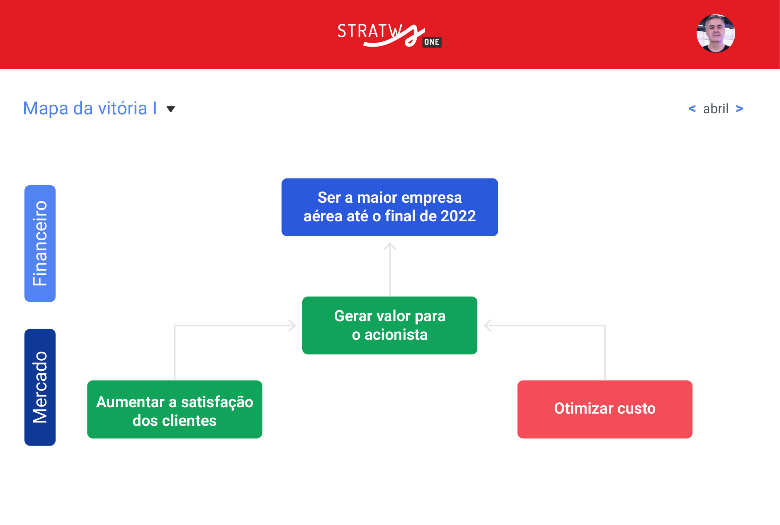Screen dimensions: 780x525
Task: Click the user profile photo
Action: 716,34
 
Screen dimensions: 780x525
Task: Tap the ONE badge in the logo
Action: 432,42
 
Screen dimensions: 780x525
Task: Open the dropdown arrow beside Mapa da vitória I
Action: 171,109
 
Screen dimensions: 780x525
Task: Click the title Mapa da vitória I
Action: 90,108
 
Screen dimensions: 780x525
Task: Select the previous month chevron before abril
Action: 692,108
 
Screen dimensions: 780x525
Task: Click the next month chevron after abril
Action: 739,108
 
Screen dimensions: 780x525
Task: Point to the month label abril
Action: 716,109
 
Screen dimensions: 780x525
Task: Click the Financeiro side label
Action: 40,243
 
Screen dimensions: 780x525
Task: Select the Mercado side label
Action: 40,387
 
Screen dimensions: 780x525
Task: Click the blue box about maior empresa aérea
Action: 389,207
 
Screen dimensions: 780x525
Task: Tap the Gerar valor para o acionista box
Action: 389,325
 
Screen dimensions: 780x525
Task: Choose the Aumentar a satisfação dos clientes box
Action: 175,409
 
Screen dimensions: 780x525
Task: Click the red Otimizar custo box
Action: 605,409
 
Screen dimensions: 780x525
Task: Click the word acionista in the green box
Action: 396,335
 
